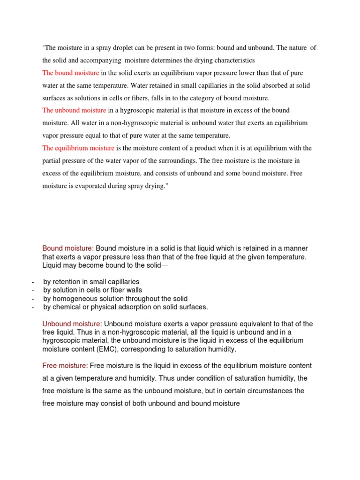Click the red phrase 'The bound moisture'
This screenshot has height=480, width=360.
[x=71, y=73]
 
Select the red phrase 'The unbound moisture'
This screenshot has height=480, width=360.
[x=75, y=110]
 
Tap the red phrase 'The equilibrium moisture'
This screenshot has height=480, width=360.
[x=78, y=148]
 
